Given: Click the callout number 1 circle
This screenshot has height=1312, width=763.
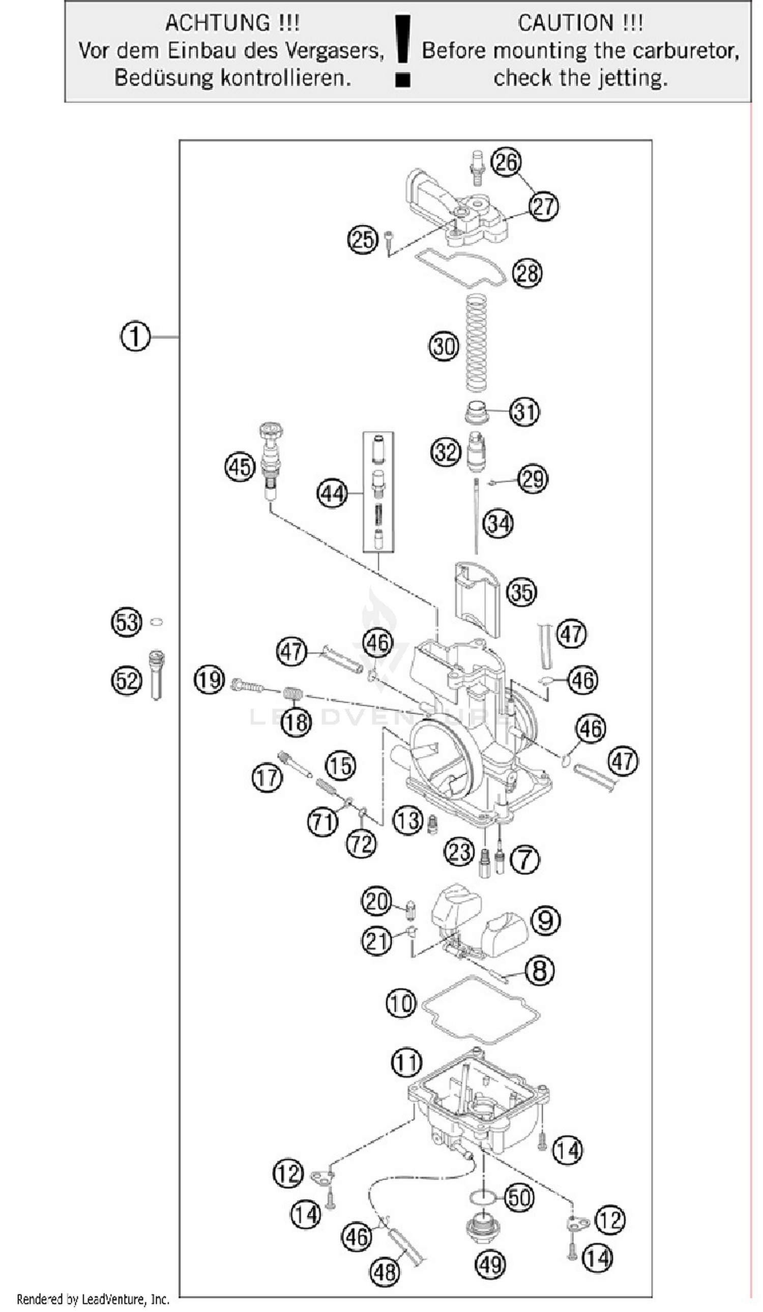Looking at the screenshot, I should tap(135, 337).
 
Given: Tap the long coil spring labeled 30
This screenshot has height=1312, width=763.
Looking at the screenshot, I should tap(475, 343).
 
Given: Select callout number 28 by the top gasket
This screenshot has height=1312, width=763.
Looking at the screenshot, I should tap(526, 273).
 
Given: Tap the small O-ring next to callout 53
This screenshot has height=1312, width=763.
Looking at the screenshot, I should tap(156, 622).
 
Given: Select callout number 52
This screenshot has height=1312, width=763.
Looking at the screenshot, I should tap(127, 681).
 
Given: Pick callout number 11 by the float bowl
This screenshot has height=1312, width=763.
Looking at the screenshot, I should tap(406, 1062).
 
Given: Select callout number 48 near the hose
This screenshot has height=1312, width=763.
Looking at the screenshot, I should tap(385, 1272).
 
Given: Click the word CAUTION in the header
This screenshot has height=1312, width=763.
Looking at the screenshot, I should tap(565, 23).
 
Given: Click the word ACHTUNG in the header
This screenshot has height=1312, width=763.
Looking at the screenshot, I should tap(217, 23).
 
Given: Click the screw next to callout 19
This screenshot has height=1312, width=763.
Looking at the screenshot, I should tap(247, 686).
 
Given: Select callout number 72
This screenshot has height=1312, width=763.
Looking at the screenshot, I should tap(361, 843).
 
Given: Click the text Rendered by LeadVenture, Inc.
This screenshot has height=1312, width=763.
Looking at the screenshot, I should tap(93, 1300).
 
